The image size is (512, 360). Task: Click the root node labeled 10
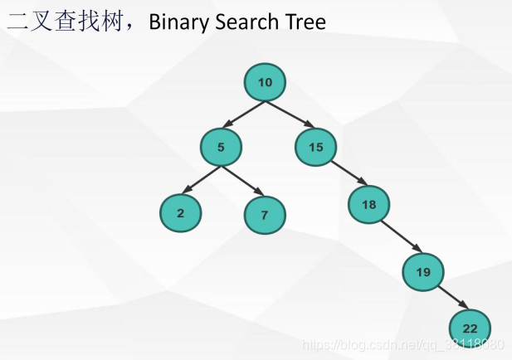[x=265, y=81]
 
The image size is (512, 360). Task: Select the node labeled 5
[x=221, y=148]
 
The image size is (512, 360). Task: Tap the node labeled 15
[x=315, y=148]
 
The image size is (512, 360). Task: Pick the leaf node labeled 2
[x=180, y=212]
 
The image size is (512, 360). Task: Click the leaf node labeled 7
[x=265, y=215]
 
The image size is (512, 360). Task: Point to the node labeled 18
[x=368, y=203]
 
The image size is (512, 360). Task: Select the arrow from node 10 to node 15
[x=289, y=114]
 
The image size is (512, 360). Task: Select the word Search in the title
[x=247, y=22]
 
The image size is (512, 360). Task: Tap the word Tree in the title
[x=305, y=22]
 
